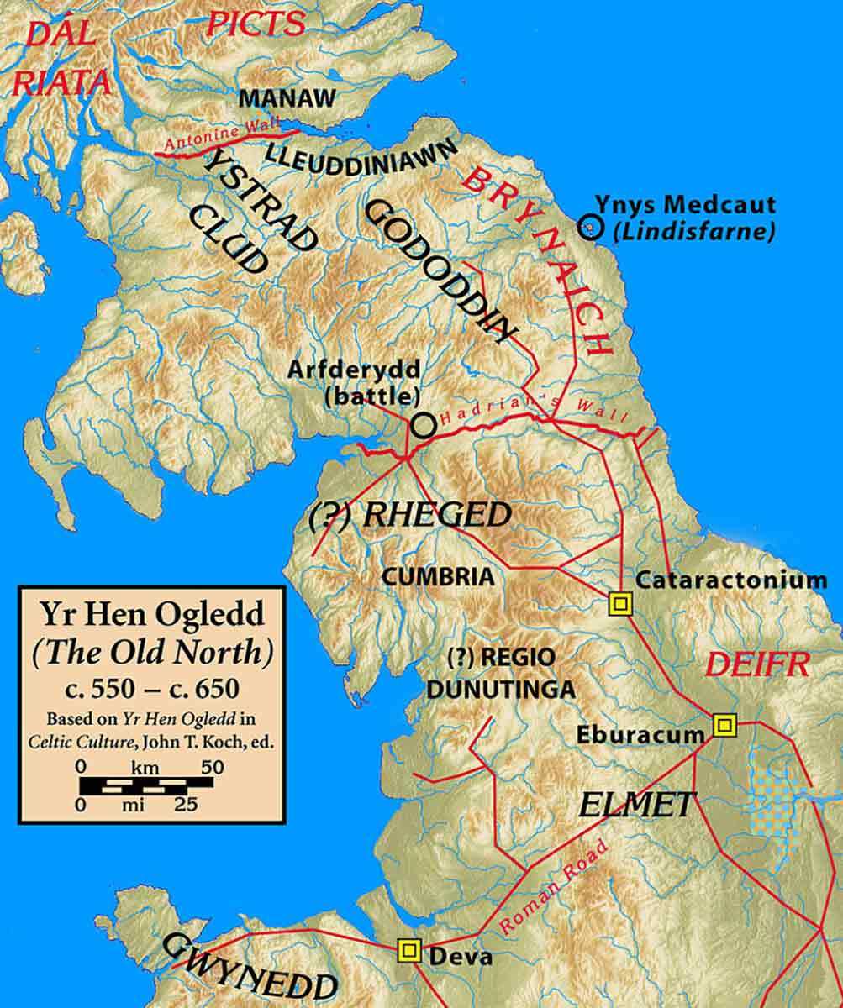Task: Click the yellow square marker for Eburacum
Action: point(723,724)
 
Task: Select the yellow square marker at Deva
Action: point(409,950)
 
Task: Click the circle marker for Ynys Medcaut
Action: point(591,226)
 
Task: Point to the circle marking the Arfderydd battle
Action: point(423,425)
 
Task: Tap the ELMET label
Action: point(636,804)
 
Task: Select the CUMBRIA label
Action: point(437,577)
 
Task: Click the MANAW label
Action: point(281,98)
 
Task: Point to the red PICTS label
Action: point(256,23)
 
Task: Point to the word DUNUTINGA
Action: point(501,690)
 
